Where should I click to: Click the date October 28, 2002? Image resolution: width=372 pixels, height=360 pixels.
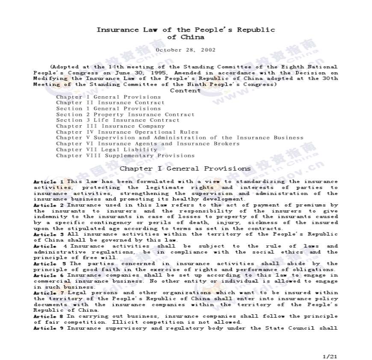[x=185, y=50]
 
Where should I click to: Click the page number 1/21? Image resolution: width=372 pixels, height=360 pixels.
[x=330, y=356]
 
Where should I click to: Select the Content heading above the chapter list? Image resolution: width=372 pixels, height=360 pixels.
[x=185, y=90]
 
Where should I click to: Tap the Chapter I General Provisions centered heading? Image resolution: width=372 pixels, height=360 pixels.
[x=185, y=168]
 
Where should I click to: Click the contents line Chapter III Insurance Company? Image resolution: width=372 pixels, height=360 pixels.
[x=110, y=126]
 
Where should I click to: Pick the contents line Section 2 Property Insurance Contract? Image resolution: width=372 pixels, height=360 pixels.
[x=125, y=115]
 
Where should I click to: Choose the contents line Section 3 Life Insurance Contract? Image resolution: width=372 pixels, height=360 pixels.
[x=117, y=120]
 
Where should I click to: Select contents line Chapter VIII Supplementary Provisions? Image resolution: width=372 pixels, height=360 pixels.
[x=125, y=156]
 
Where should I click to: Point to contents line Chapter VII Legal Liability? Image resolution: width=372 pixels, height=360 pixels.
[x=106, y=150]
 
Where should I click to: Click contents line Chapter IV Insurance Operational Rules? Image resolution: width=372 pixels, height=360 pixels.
[x=127, y=132]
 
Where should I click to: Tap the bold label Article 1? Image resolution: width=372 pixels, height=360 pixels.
[x=48, y=182]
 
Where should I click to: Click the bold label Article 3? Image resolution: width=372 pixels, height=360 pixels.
[x=48, y=234]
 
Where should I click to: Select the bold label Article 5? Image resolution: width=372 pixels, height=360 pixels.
[x=48, y=264]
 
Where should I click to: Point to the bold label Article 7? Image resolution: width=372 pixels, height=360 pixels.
[x=48, y=293]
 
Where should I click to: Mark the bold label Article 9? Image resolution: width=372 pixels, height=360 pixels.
[x=48, y=328]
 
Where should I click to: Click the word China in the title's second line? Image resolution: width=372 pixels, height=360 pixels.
[x=192, y=37]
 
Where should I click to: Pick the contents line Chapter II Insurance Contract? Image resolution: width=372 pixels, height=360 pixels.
[x=110, y=103]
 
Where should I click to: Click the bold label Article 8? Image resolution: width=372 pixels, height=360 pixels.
[x=48, y=316]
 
